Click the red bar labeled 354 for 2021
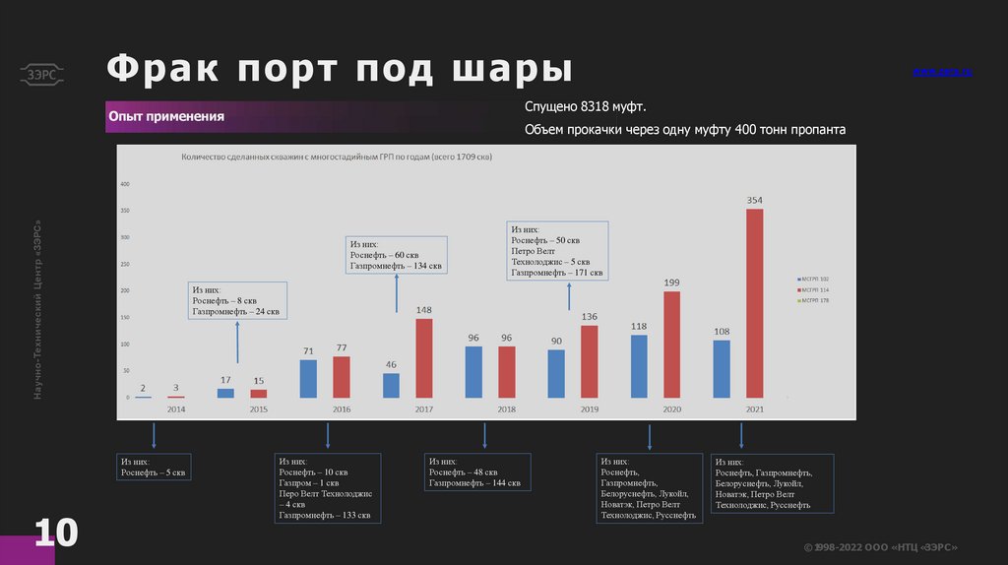[x=754, y=303]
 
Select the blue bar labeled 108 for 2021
[x=722, y=368]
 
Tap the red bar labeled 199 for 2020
[x=671, y=345]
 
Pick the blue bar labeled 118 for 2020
[x=639, y=365]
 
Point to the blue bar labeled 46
[x=392, y=385]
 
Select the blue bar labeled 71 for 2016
[x=308, y=378]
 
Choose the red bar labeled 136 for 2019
[x=589, y=361]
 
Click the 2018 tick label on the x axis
[x=506, y=408]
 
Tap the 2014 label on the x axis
[x=175, y=408]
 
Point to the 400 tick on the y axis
[x=125, y=184]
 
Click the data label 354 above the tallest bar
[x=754, y=200]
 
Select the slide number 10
[x=56, y=533]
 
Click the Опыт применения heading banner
[x=166, y=116]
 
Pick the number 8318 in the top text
[x=597, y=106]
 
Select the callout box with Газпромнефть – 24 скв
[x=238, y=300]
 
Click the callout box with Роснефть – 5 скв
[x=154, y=467]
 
